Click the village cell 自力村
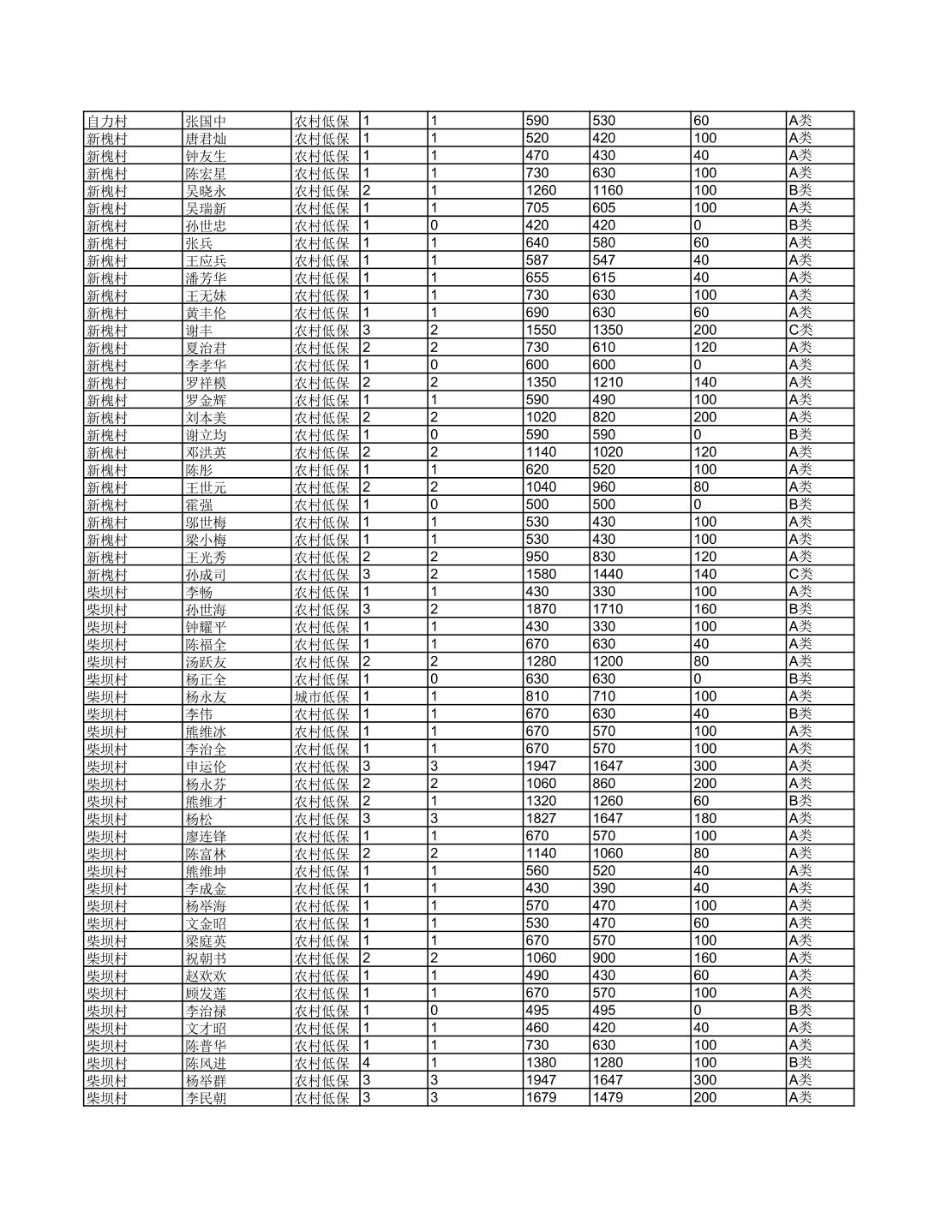[106, 121]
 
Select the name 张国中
[206, 121]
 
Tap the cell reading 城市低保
[321, 696]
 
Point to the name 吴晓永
[206, 191]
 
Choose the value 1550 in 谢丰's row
[541, 330]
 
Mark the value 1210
[608, 382]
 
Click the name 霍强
[199, 505]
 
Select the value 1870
[541, 609]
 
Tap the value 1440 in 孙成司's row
[608, 574]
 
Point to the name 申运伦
[206, 767]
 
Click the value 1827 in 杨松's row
[541, 818]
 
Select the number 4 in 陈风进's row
[367, 1062]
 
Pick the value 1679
[541, 1097]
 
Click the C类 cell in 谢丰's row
[800, 330]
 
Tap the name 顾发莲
[206, 993]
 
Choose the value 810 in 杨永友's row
[536, 696]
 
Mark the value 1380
[541, 1062]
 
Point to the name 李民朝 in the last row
[206, 1097]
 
